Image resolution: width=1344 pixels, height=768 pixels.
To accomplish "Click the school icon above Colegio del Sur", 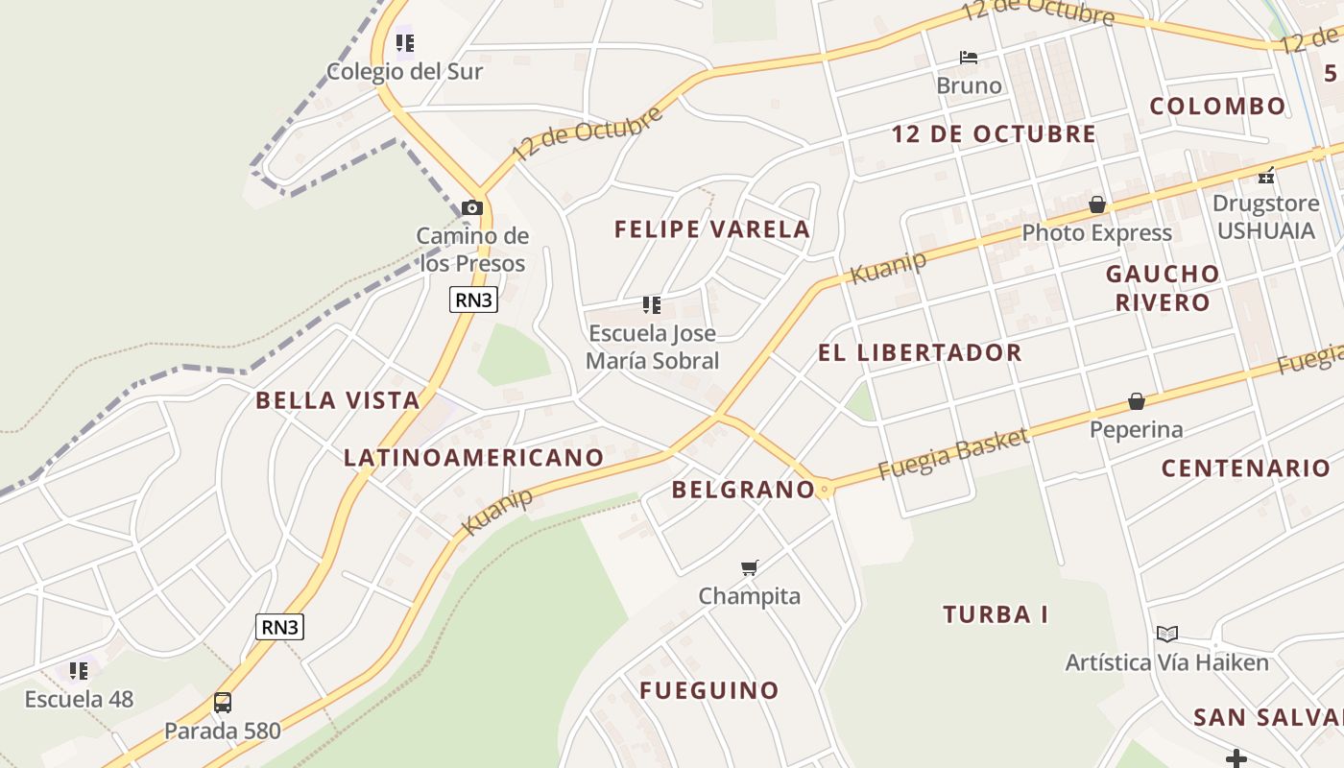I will pos(405,43).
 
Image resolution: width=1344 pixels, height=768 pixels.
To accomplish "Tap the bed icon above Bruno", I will pos(969,58).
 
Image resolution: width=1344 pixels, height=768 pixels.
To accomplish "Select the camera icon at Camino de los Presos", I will pos(471,207).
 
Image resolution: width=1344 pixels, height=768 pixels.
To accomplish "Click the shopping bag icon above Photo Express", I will pos(1097,205).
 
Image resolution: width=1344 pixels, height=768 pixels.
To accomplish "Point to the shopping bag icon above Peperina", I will pos(1137,401).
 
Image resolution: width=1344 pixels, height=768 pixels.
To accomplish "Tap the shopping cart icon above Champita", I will pos(750,568).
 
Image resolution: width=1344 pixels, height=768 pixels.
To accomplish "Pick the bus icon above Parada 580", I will pos(223,703).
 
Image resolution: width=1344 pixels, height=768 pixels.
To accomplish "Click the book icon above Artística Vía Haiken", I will pos(1167,635).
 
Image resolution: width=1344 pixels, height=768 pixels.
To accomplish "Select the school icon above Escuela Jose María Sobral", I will pos(652,305).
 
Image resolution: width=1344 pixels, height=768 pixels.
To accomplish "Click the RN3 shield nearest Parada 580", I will pos(280,627).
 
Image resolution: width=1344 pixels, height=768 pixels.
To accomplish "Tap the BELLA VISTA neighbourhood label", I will pos(338,400).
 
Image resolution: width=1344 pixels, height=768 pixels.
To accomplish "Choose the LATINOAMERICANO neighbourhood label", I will pos(473,458).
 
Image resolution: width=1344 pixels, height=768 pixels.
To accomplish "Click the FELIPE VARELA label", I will pos(712,229).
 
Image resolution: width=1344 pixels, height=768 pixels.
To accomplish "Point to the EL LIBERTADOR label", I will pos(920,352).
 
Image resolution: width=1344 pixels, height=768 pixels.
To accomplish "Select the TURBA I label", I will pos(996,614).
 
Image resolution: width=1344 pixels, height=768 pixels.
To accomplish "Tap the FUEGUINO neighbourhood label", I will pos(709,690).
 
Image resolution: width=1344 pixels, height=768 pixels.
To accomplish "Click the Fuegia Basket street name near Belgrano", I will pos(953,454).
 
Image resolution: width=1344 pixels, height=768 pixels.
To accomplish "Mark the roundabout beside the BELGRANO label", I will pos(824,490).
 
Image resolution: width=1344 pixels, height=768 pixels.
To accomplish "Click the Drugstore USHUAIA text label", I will pos(1265,217).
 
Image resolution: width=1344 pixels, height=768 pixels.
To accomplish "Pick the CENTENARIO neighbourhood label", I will pos(1246,468).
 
